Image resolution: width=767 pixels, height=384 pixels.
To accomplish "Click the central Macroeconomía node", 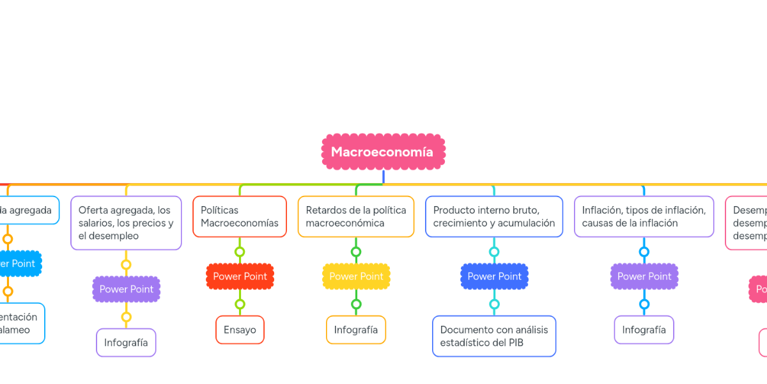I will click(x=383, y=152).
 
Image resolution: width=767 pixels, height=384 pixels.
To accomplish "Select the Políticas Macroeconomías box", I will click(x=240, y=216).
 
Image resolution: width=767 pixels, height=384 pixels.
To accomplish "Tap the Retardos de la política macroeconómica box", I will click(x=356, y=216).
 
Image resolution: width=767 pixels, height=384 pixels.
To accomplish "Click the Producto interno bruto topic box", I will click(x=494, y=216).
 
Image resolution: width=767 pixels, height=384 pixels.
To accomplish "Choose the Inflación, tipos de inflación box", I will click(x=644, y=216).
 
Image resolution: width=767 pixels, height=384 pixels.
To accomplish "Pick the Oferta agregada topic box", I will click(x=126, y=223).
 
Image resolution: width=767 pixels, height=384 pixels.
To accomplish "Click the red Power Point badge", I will click(x=240, y=276).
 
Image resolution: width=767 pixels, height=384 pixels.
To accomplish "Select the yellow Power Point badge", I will click(x=356, y=276).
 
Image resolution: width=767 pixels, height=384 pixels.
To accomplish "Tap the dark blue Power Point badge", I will click(x=494, y=276).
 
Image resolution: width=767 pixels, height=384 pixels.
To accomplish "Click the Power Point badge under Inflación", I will click(x=644, y=276).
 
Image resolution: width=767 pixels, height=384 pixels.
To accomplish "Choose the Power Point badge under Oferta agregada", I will click(x=126, y=289).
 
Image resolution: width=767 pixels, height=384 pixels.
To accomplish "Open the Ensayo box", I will click(x=240, y=330).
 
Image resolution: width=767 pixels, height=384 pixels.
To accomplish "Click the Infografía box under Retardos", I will click(x=356, y=330).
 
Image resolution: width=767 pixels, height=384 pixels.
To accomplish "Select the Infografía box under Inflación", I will click(x=644, y=330).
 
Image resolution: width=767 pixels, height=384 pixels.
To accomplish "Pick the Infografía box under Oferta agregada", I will click(x=126, y=342).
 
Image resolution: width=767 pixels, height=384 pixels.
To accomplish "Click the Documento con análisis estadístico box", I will click(x=494, y=336).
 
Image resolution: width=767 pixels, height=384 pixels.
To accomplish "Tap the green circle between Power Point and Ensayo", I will click(x=240, y=304).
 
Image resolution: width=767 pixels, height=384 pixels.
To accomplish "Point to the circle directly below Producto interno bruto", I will click(x=494, y=252).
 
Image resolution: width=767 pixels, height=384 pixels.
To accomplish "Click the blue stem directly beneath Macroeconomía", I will click(x=383, y=177).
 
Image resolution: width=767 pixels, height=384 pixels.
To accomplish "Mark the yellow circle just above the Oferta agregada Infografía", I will click(x=126, y=317).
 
